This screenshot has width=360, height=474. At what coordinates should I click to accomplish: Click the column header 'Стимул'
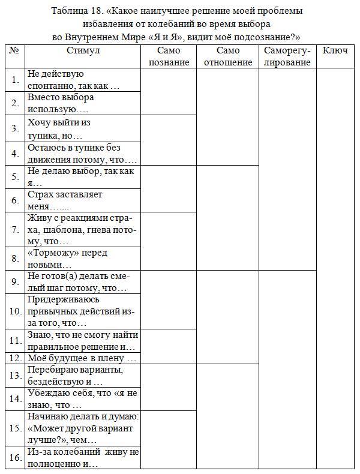(83, 51)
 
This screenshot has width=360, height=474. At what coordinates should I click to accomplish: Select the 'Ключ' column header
(335, 51)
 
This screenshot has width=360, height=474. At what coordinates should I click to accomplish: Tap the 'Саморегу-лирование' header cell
(287, 56)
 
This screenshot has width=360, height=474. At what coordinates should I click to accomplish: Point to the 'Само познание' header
(169, 56)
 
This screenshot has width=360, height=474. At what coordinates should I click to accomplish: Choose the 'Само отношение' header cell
(227, 56)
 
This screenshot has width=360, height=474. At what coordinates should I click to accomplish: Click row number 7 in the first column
(16, 230)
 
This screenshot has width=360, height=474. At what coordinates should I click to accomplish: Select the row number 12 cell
(16, 358)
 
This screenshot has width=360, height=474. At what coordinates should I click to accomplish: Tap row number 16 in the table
(16, 458)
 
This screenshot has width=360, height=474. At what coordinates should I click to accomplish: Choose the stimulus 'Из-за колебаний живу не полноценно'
(83, 458)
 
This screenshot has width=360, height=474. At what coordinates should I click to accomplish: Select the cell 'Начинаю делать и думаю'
(83, 428)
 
